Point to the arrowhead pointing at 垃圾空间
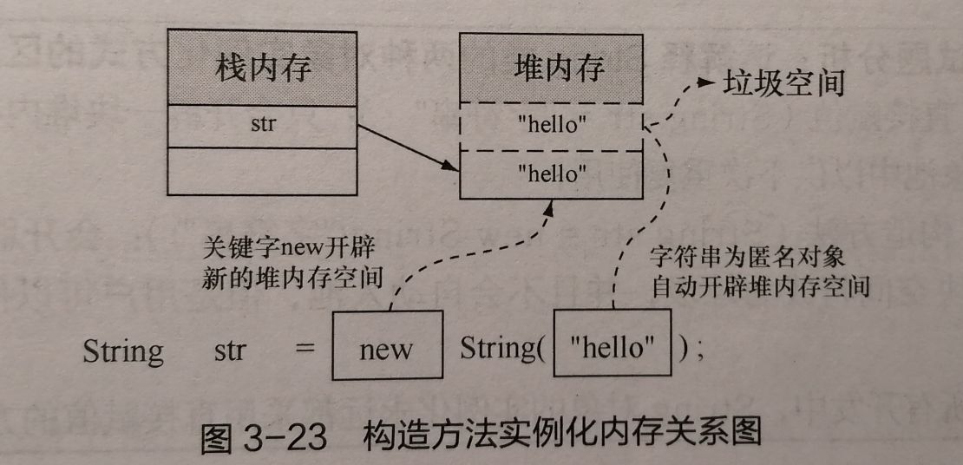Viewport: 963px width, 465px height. coord(702,84)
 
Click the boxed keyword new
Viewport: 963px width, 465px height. coord(386,350)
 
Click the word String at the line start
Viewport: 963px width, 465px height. coord(123,350)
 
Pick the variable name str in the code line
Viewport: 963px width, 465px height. coord(229,350)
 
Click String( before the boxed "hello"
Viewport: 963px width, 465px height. coord(502,349)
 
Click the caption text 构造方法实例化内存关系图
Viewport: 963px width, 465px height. coord(563,433)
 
